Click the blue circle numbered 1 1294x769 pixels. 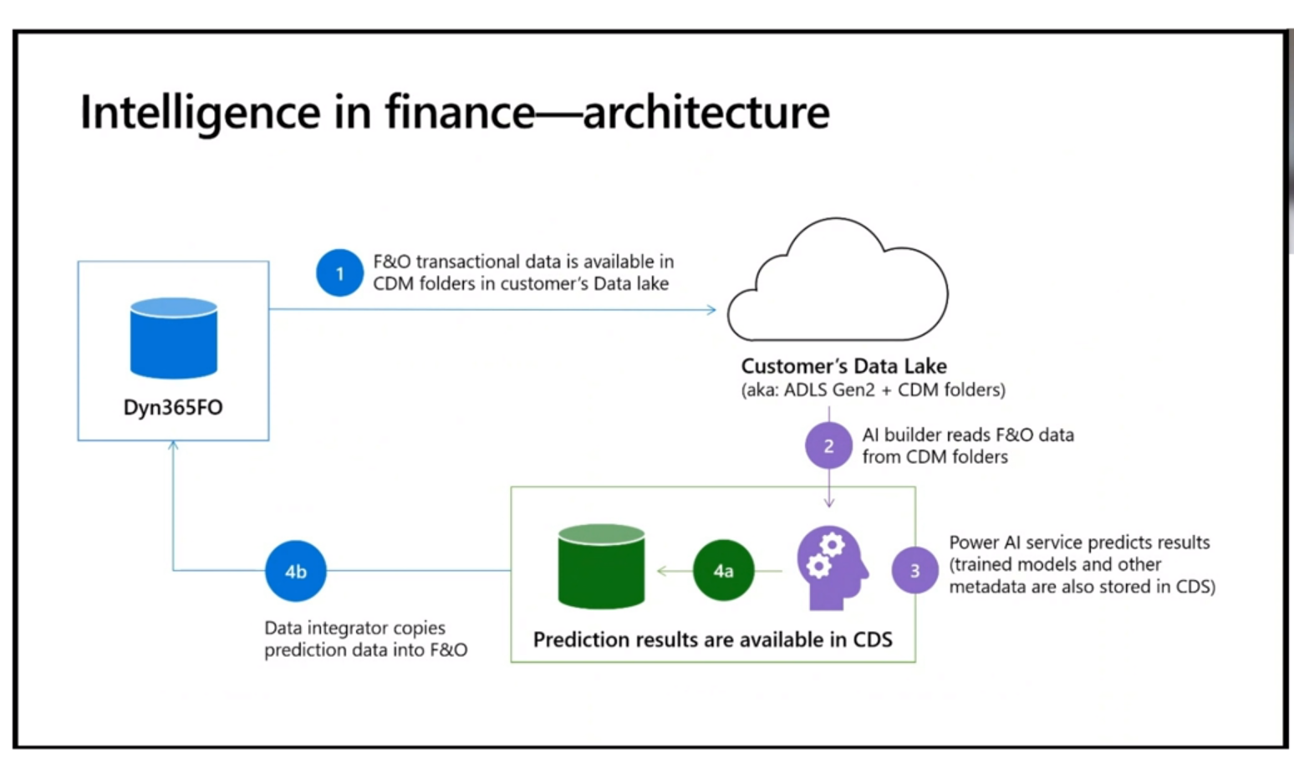[339, 273]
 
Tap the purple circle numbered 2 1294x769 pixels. [828, 446]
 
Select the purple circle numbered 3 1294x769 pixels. [914, 570]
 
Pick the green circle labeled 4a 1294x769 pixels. [723, 571]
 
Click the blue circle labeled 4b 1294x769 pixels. [295, 572]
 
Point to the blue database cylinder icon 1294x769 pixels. [174, 338]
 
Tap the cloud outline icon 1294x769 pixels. [838, 284]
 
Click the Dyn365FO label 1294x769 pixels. [173, 408]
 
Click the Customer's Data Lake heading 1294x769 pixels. [843, 366]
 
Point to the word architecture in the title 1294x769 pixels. [706, 112]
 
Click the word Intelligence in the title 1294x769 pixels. [200, 112]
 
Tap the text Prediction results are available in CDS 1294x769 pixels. [712, 639]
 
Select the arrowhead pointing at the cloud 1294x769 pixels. [711, 309]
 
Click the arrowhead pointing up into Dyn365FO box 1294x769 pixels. [173, 446]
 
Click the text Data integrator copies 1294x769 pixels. [354, 628]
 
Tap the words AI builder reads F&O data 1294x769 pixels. [967, 435]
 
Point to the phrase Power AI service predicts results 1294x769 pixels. [1078, 542]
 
